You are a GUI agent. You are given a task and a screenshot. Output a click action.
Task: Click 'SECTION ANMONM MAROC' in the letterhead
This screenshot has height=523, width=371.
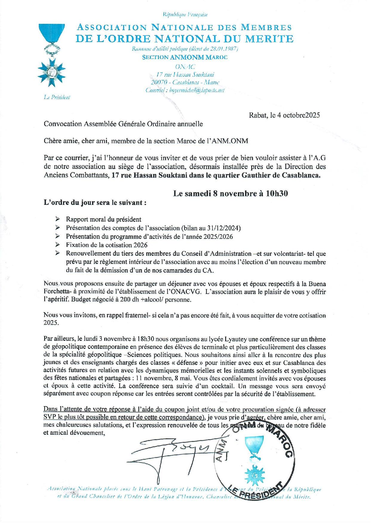coord(189,57)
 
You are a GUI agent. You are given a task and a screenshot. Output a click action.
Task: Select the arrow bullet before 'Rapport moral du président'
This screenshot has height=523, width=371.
coord(57,219)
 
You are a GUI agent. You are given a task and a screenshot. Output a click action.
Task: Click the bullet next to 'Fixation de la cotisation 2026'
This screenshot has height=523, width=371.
coord(57,245)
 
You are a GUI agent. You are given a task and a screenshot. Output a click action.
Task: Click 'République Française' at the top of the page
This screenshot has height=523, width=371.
coord(185,14)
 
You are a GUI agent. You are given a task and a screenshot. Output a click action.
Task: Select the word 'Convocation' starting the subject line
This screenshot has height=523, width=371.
coord(61,124)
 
